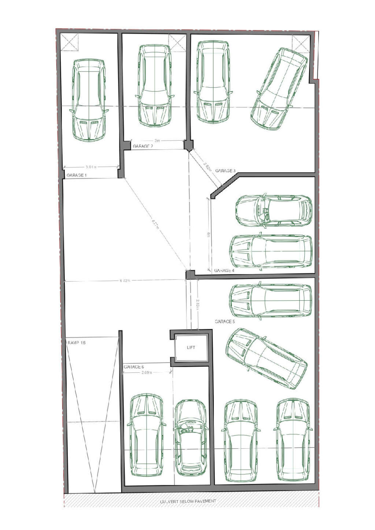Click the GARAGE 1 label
pos(76,175)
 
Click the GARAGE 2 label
pos(143,146)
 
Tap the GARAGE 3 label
pos(225,171)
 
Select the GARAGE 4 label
pos(224,271)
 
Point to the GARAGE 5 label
pos(224,321)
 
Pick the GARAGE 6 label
pos(134,367)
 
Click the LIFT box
pos(191,347)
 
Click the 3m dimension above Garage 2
pos(157,141)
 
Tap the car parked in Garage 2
pos(155,86)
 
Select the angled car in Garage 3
pos(279,88)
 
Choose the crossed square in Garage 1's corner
pos(70,42)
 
